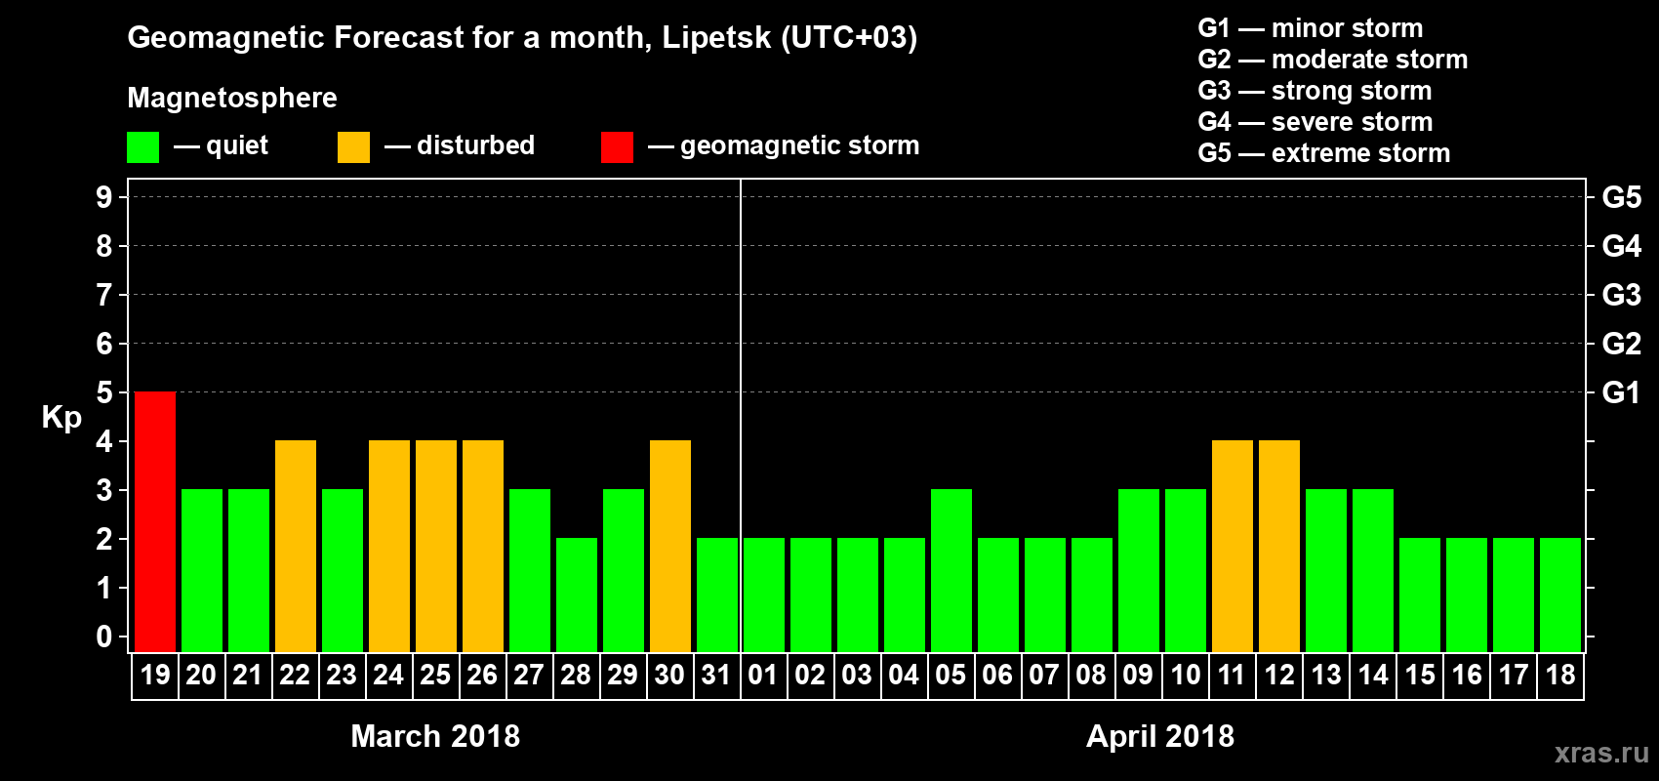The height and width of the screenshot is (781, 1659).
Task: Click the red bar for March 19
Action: click(x=155, y=521)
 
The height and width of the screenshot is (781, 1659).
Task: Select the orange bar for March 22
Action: click(x=296, y=546)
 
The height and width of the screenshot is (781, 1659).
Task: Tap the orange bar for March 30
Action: click(x=670, y=546)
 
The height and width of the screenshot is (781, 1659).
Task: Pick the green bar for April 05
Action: click(x=951, y=570)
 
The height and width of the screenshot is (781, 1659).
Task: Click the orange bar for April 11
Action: click(x=1233, y=546)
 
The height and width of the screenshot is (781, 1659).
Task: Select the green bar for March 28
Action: click(x=577, y=595)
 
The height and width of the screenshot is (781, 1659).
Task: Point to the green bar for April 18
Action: click(x=1560, y=595)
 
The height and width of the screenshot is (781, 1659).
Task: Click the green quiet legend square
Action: click(x=143, y=147)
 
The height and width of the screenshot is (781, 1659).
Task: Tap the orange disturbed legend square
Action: click(x=353, y=147)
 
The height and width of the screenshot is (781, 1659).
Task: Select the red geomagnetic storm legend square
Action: click(x=617, y=147)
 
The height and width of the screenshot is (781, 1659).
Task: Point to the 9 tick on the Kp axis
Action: click(x=104, y=197)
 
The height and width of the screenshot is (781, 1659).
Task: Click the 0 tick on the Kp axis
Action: click(x=104, y=637)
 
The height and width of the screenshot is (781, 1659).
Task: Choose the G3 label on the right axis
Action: click(x=1621, y=295)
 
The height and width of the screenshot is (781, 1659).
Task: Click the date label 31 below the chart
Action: click(x=716, y=676)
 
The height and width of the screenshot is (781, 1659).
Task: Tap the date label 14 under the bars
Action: click(x=1373, y=676)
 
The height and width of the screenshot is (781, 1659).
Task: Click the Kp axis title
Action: click(x=61, y=418)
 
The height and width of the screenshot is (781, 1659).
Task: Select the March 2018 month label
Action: click(x=435, y=736)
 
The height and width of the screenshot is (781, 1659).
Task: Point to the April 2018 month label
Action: click(x=1160, y=736)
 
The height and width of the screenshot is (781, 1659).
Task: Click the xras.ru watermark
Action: click(x=1601, y=753)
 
